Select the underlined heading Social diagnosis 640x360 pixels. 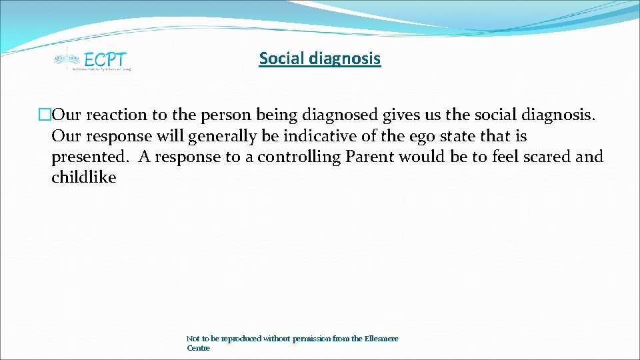click(x=319, y=59)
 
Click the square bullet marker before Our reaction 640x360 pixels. click(x=45, y=115)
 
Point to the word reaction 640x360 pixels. click(x=115, y=115)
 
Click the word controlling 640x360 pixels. click(x=299, y=157)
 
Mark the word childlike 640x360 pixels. click(x=83, y=177)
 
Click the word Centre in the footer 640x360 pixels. click(x=198, y=348)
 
